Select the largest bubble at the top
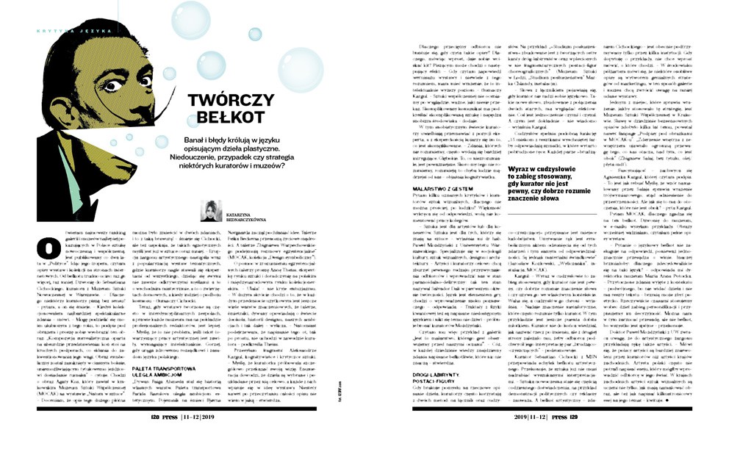pyautogui.click(x=190, y=19)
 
